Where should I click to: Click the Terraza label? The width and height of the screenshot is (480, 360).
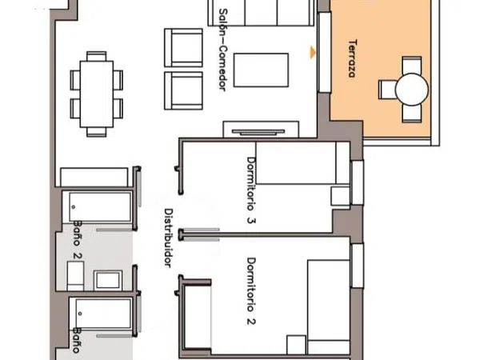(x=353, y=58)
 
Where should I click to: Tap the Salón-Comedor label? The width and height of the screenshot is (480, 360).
(x=223, y=50)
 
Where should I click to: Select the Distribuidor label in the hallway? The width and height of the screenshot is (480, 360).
(x=169, y=238)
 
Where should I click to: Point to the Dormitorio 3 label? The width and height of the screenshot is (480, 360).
(x=251, y=190)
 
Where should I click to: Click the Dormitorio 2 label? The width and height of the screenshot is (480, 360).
(x=251, y=291)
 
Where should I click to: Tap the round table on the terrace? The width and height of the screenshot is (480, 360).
(x=412, y=90)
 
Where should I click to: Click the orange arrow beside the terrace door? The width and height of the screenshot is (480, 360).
(x=313, y=52)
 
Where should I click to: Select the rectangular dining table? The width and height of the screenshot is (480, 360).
(x=97, y=94)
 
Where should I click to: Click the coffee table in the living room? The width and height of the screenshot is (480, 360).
(x=261, y=70)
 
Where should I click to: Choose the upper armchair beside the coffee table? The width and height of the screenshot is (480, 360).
(x=183, y=48)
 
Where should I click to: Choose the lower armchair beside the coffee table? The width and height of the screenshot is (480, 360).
(x=183, y=90)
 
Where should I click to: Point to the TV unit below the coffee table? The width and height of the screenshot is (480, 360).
(x=261, y=129)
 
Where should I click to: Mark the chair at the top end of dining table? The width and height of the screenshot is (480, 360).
(x=97, y=56)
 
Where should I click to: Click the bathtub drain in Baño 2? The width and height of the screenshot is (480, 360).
(x=74, y=207)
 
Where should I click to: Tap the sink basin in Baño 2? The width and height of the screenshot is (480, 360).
(x=108, y=280)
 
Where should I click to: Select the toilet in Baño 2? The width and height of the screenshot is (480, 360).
(x=75, y=276)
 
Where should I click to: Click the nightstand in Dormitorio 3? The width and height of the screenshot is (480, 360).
(x=341, y=196)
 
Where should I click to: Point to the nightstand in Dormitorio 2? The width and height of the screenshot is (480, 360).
(x=296, y=345)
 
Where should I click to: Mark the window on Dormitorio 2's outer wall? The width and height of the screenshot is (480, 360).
(x=358, y=266)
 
